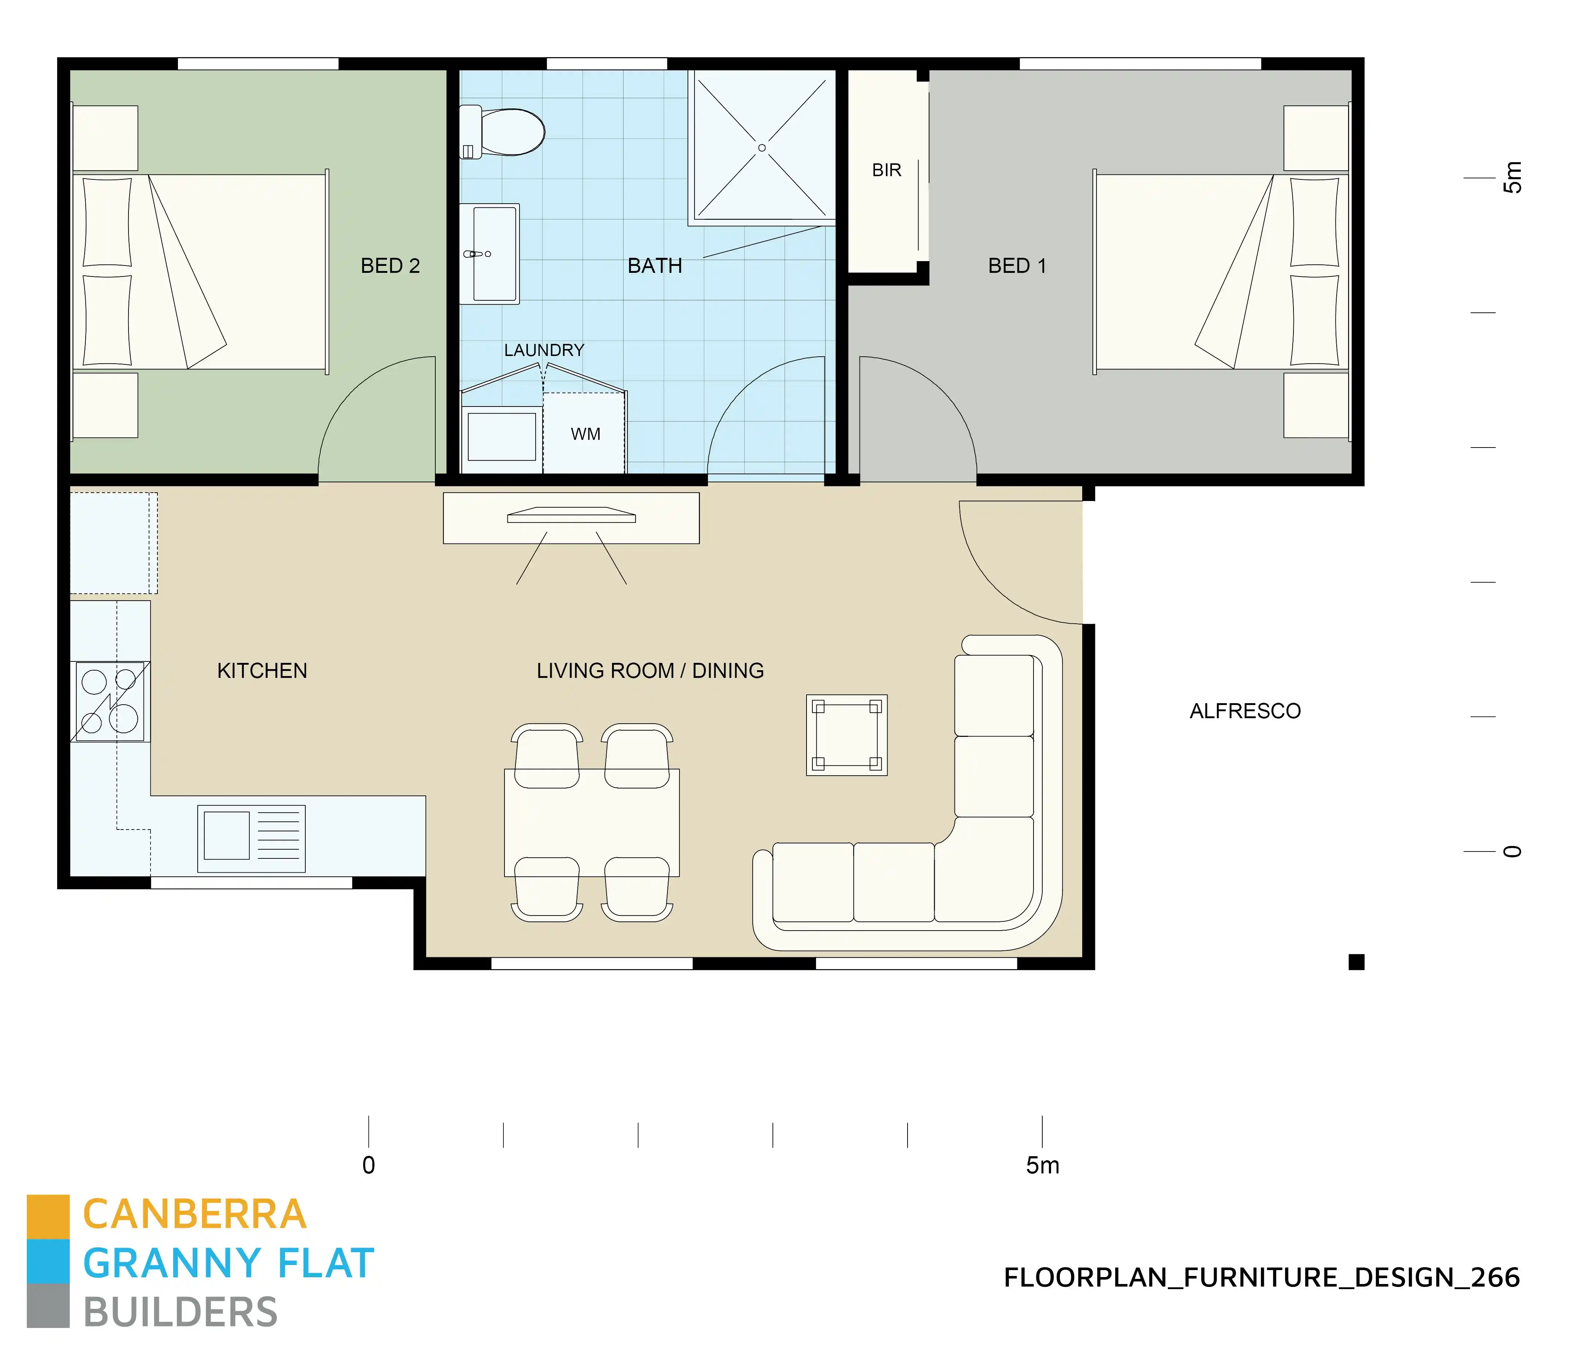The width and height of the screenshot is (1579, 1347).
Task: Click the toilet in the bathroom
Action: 507,132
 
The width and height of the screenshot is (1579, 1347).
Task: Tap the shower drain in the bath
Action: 761,148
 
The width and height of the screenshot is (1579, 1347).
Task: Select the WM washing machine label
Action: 585,434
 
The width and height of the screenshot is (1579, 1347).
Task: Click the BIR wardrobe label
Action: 886,170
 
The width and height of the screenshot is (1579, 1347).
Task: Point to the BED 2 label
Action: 390,266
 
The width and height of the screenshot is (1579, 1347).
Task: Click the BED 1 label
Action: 1017,266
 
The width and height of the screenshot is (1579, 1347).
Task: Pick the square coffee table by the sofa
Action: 847,735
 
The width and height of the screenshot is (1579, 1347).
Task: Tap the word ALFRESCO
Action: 1245,711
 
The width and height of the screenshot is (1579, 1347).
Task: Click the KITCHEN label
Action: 262,671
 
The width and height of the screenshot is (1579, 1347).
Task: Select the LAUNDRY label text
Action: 544,350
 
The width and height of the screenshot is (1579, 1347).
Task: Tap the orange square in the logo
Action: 48,1216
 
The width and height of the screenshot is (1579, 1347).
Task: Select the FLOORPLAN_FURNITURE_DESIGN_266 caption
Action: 1261,1278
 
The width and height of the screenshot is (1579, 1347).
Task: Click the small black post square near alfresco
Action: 1356,962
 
